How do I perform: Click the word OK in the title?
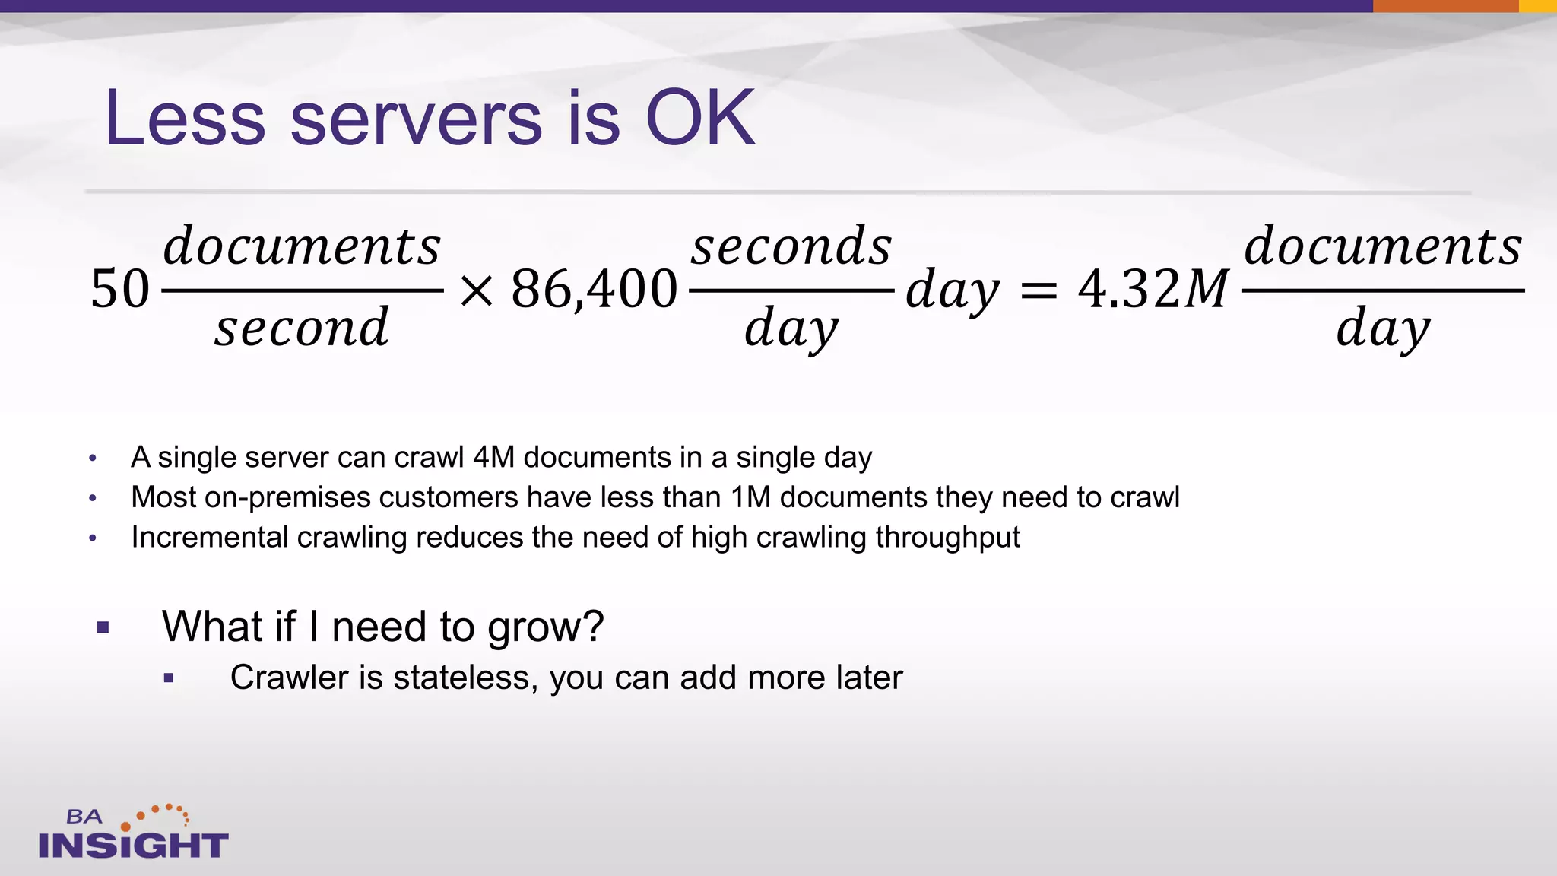(x=699, y=118)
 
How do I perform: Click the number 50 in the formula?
(x=120, y=290)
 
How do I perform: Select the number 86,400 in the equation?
(x=594, y=290)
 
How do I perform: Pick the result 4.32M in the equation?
(x=1153, y=290)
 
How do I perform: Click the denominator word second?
(x=302, y=328)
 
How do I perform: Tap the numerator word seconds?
(x=791, y=246)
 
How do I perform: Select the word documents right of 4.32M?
(x=1383, y=246)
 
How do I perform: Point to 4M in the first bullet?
(x=493, y=458)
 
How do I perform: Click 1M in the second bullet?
(x=750, y=497)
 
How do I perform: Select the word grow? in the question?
(x=545, y=627)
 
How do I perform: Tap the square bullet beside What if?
(x=103, y=628)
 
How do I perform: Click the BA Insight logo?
(x=133, y=833)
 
